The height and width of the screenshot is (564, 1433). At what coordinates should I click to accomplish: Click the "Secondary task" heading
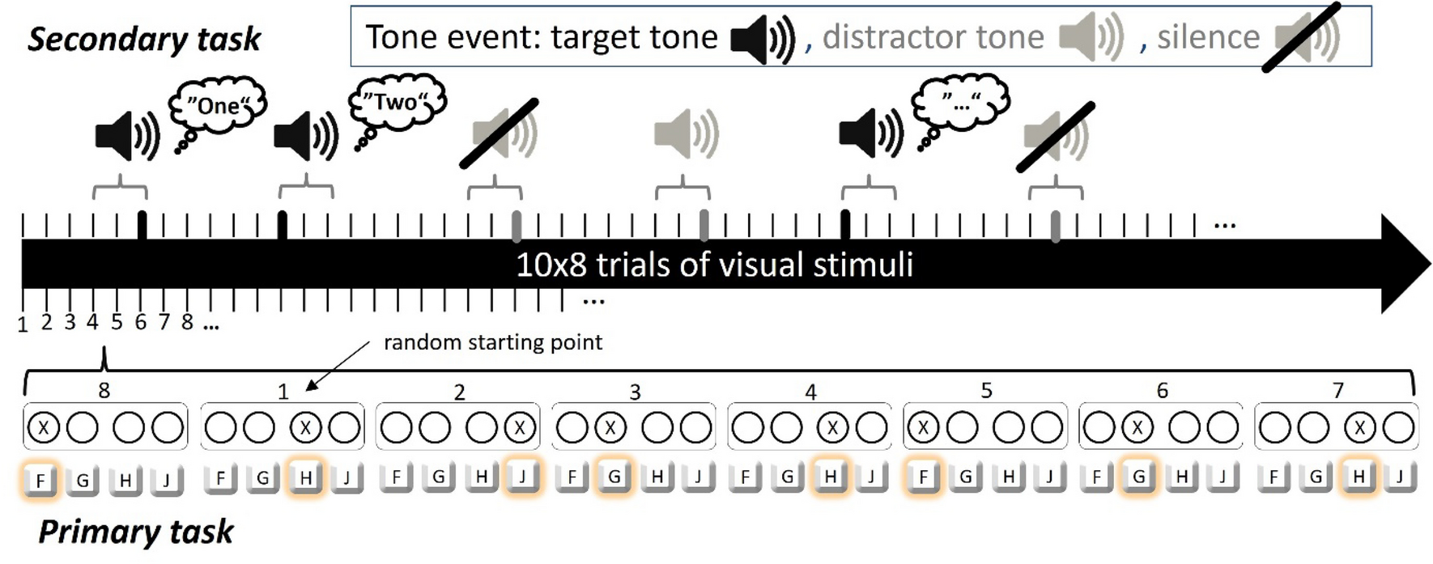(x=144, y=39)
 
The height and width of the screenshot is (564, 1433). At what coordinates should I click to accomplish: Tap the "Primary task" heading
(x=135, y=532)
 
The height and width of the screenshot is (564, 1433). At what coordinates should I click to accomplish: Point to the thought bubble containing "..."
(x=960, y=101)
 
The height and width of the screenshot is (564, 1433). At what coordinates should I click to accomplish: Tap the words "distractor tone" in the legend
(x=933, y=37)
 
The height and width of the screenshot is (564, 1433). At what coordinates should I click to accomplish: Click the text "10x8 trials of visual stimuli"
(x=714, y=265)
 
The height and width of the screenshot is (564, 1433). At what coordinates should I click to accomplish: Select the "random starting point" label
(x=492, y=342)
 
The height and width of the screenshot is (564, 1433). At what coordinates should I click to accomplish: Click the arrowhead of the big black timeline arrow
(x=1405, y=264)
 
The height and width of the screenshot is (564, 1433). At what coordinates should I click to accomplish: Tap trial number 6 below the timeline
(x=141, y=323)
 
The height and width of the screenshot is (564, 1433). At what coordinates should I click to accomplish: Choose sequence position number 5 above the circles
(x=986, y=391)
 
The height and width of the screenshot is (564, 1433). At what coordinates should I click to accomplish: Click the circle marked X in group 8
(x=44, y=427)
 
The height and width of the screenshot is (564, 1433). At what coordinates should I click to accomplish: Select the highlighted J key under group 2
(x=522, y=477)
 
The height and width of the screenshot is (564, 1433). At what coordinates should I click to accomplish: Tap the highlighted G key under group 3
(x=614, y=477)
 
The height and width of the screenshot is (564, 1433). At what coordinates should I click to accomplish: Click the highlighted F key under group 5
(x=922, y=477)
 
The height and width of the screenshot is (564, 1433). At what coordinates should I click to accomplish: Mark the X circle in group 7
(x=1359, y=427)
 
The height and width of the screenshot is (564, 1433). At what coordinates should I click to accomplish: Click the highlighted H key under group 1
(x=305, y=477)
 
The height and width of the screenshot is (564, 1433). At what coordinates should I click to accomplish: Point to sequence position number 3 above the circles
(x=635, y=392)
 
